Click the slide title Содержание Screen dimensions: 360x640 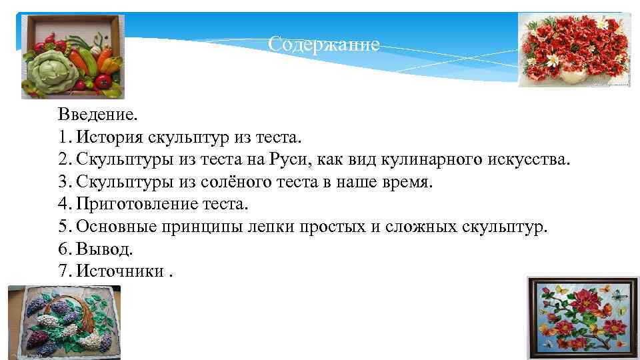click(323, 45)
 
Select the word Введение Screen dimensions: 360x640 click(97, 114)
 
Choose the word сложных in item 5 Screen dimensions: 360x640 click(413, 227)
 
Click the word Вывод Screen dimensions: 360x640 click(105, 249)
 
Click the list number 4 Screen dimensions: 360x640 click(63, 204)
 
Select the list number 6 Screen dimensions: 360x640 click(63, 249)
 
